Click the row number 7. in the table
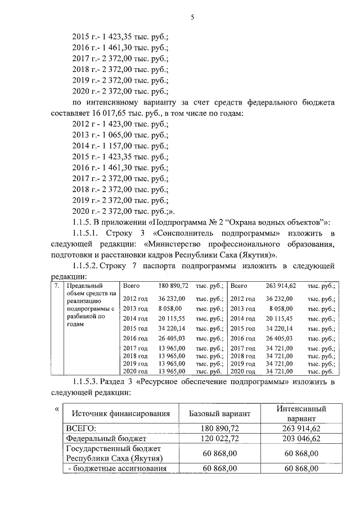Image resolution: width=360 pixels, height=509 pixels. [55, 286]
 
